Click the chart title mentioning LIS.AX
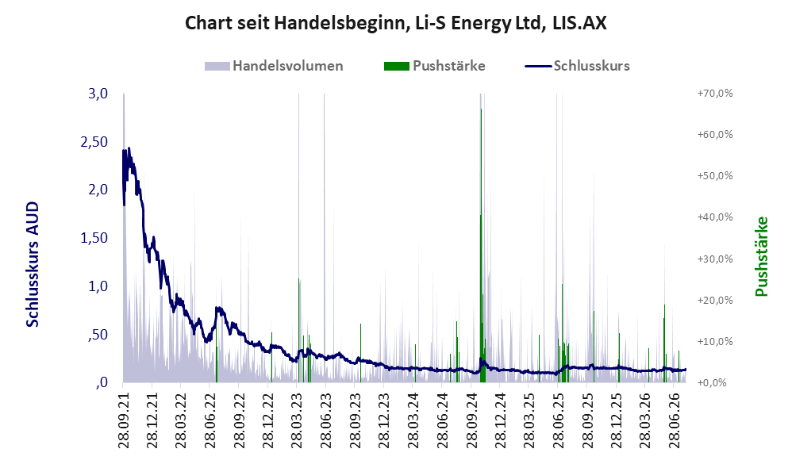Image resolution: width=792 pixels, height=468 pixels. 395,23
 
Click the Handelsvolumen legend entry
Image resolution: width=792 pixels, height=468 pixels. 274,66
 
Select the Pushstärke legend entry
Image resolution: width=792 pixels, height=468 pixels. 434,66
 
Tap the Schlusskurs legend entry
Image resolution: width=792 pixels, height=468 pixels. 577,66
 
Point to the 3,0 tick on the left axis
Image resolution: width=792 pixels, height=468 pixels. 98,94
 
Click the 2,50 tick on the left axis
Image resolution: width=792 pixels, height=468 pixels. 94,142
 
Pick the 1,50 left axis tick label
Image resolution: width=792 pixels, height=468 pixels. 94,238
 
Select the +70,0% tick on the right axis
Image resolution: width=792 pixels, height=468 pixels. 715,94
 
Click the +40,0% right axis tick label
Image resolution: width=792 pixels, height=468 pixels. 715,217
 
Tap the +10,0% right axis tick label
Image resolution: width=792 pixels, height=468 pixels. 715,341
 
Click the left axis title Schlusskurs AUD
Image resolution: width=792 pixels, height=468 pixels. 33,264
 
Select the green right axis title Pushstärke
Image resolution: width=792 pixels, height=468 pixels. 761,256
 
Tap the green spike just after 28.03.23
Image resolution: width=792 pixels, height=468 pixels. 299,330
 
